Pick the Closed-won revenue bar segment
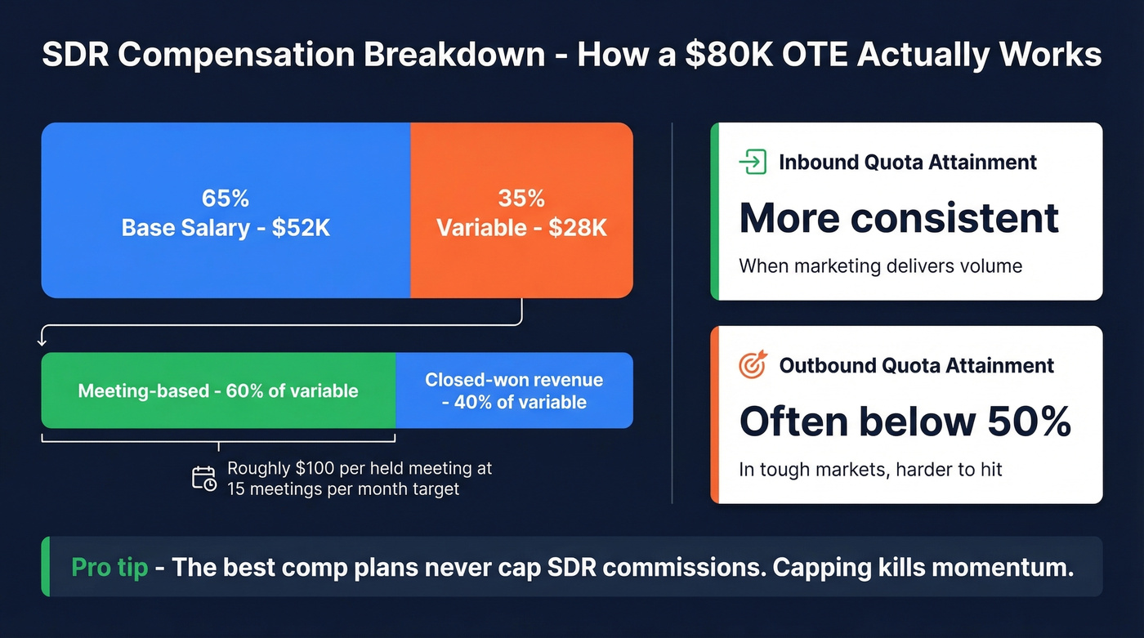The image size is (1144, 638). pos(514,390)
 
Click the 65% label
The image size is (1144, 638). pos(226,199)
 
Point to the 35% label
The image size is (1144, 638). pos(521,199)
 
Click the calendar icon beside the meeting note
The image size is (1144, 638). pos(204,479)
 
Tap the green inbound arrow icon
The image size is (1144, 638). pos(753,162)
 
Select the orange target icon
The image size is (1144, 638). pos(753,365)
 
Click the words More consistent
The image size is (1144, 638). pos(899,218)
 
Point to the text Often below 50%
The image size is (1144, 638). pos(905,422)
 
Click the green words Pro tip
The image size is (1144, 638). pos(109,567)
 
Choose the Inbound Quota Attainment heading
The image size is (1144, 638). pos(907,162)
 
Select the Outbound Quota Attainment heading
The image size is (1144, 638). pos(916,365)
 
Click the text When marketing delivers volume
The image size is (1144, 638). pos(880,266)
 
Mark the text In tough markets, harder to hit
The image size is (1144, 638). pos(870,470)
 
